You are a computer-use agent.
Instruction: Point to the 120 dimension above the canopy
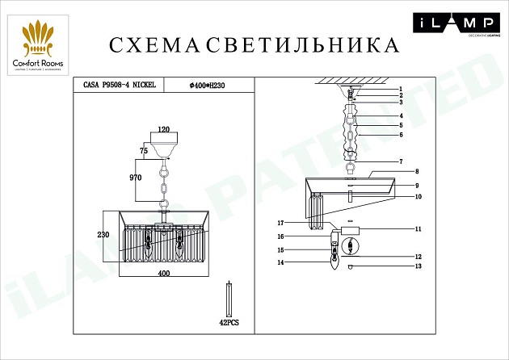point(164,129)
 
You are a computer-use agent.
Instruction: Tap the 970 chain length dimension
point(136,177)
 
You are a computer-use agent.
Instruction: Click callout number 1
point(399,88)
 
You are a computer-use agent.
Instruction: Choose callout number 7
point(399,162)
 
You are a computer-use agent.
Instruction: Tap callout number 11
point(418,229)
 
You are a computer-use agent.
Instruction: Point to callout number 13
point(418,266)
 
